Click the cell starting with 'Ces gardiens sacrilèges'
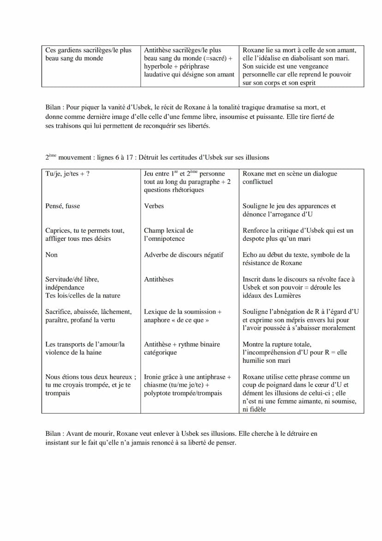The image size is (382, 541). coord(88,54)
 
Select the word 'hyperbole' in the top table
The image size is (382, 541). coord(158,67)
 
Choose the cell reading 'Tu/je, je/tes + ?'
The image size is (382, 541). coord(67,174)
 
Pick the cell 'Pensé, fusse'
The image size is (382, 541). coord(63,206)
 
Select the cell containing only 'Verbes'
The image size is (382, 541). coord(154,206)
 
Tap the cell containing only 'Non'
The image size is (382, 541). coord(52,255)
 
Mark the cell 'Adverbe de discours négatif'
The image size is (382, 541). coord(184,255)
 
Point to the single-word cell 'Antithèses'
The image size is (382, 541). coord(160,279)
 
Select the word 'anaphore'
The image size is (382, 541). coord(157,320)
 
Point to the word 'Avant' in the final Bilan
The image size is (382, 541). coord(75,434)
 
